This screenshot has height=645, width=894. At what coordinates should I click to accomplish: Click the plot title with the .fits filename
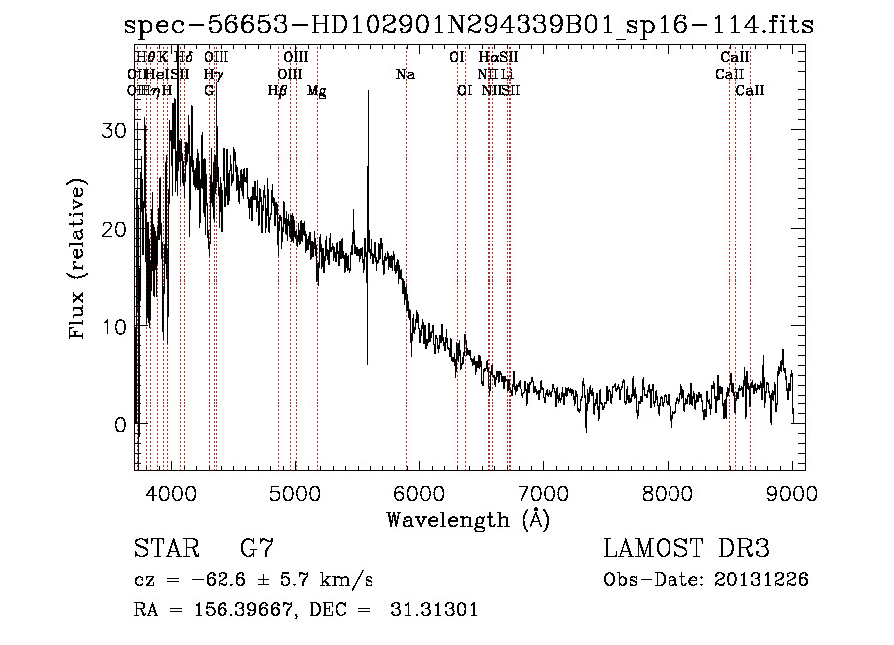click(469, 24)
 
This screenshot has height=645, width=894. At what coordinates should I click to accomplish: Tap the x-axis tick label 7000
click(543, 493)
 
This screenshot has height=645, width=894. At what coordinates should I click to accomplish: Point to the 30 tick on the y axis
click(117, 130)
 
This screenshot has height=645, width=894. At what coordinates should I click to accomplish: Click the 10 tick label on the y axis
click(117, 327)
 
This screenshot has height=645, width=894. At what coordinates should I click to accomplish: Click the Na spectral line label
click(405, 75)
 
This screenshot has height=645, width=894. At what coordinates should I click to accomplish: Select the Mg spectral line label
click(316, 91)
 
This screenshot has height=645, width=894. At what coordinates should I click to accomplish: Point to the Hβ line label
click(278, 91)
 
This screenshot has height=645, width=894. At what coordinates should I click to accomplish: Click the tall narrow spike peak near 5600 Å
click(369, 92)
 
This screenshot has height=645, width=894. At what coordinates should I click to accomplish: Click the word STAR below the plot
click(166, 548)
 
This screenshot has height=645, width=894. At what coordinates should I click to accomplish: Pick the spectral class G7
click(258, 548)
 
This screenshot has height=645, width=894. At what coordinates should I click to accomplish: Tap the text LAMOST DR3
click(686, 548)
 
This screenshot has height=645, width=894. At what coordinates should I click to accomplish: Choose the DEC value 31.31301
click(435, 610)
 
